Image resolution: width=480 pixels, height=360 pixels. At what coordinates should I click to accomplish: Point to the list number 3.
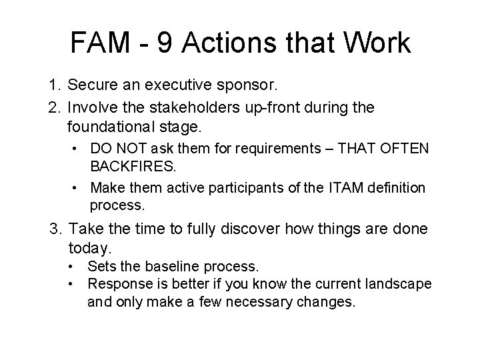click(x=55, y=230)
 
